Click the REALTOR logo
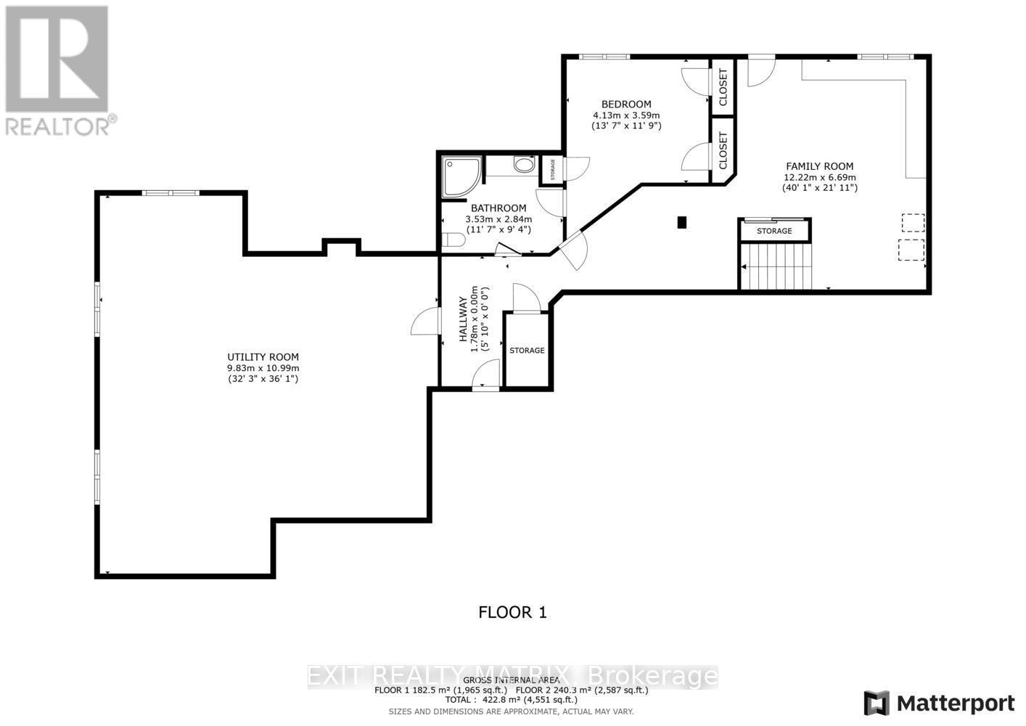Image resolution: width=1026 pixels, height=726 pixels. pos(57,70)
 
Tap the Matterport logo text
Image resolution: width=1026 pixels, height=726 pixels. pos(955,703)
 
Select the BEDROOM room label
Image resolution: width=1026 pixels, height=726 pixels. pos(626,104)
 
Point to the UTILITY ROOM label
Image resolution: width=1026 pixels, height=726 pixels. pos(263,357)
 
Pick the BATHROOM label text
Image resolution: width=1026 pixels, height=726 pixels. pos(498,208)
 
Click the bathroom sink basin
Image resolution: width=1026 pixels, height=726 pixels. pos(523,165)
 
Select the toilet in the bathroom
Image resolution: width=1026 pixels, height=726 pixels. pos(453,240)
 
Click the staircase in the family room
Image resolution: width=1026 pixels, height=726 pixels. pos(777,266)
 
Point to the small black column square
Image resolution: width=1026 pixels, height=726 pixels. pos(681,223)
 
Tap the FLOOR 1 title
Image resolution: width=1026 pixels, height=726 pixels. pos(512,612)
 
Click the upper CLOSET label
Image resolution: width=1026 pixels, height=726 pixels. pos(723,87)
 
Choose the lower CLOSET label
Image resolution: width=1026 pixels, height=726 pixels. pos(723,151)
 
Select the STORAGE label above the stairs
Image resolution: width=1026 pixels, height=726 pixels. pos(774,231)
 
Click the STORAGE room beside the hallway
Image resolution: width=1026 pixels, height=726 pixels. pos(527,350)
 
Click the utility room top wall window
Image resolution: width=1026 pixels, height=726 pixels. pos(171,192)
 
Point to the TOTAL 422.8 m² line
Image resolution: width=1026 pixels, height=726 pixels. pos(512,700)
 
